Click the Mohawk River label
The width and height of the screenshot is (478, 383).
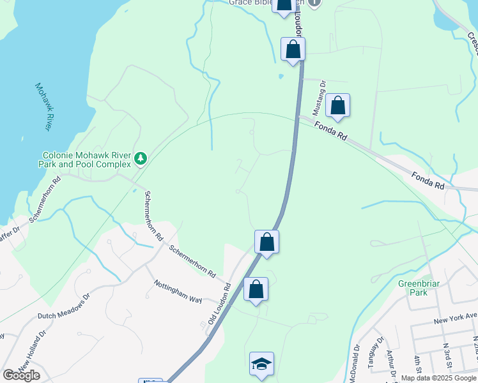coord(43,107)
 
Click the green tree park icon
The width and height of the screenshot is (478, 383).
coord(141,158)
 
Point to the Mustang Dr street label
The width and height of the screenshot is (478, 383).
coord(323,93)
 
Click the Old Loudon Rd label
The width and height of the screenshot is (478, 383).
coord(219,305)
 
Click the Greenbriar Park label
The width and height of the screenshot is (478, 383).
coord(412,288)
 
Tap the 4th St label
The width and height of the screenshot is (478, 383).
coord(418,364)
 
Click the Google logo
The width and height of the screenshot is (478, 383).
coord(22,375)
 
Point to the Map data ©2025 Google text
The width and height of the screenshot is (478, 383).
coord(438,379)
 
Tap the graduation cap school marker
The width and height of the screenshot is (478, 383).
coord(262,364)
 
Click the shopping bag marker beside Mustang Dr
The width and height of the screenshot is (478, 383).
coord(338,105)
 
